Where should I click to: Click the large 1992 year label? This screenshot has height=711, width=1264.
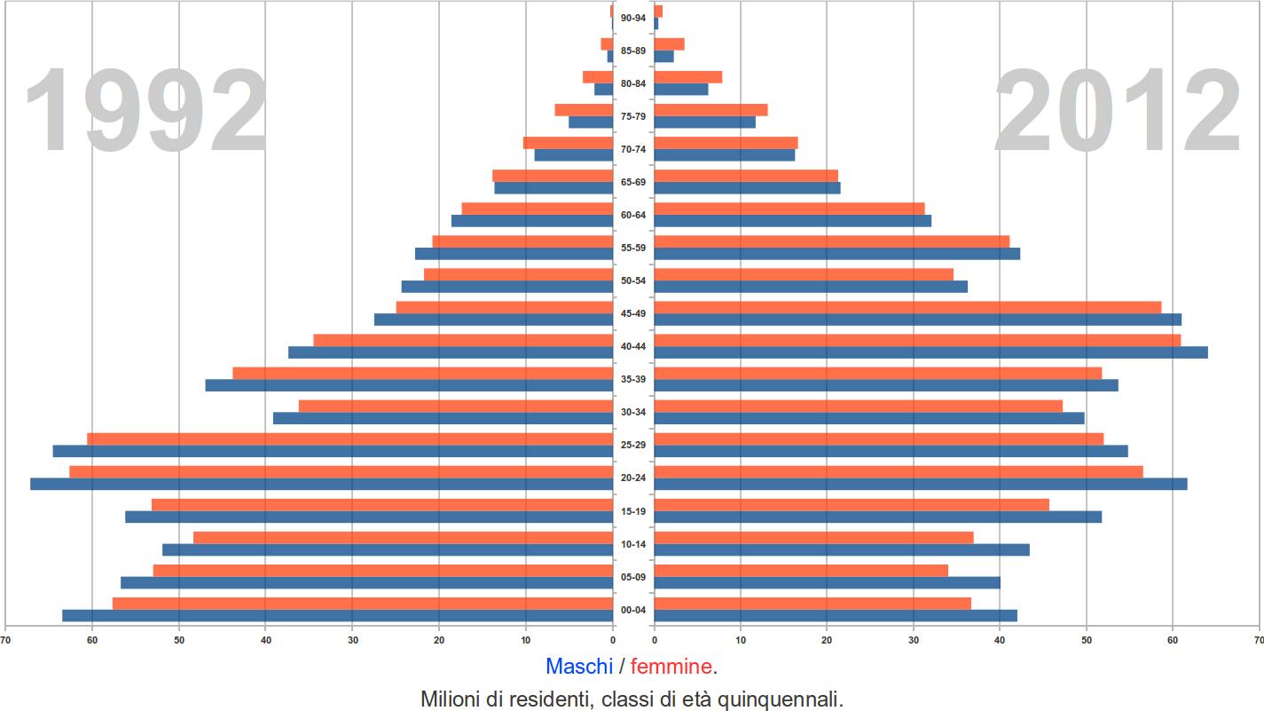click(145, 112)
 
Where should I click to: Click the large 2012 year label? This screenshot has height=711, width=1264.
click(1117, 112)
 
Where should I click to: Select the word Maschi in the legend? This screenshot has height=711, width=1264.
click(578, 666)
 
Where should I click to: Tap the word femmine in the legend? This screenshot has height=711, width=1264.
click(671, 666)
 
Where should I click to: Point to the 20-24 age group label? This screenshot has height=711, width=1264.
click(633, 478)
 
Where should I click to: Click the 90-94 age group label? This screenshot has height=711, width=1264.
click(633, 18)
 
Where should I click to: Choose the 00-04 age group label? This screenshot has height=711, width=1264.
click(633, 610)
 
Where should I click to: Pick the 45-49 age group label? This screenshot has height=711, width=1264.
click(633, 313)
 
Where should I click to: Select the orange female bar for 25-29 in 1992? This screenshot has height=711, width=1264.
click(349, 438)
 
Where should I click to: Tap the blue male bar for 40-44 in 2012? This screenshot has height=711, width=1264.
click(930, 352)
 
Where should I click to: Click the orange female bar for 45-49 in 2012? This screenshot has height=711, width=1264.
click(907, 307)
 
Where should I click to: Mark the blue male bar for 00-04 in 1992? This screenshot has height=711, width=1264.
click(337, 615)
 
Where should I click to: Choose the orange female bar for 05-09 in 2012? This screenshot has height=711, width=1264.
click(801, 570)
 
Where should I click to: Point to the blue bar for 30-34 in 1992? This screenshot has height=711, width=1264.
click(443, 418)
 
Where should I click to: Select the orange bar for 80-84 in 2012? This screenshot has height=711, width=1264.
click(687, 77)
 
